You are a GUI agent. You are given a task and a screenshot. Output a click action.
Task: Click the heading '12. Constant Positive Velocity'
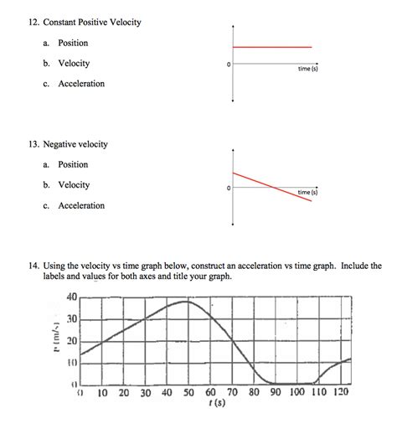(81, 22)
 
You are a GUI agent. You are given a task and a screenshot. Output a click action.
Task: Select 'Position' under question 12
(72, 43)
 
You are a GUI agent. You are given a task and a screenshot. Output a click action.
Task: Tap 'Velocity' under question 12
(73, 64)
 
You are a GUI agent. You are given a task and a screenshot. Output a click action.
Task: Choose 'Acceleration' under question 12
(81, 84)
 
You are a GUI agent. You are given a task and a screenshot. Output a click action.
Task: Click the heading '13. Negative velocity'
(68, 144)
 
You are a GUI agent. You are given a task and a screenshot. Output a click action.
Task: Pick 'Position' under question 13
(72, 164)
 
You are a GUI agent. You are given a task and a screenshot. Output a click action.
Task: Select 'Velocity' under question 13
(73, 185)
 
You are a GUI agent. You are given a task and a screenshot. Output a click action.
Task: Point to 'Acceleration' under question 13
(81, 205)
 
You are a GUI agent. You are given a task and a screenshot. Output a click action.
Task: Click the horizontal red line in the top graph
(272, 47)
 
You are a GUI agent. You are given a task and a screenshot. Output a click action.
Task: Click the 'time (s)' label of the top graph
(307, 69)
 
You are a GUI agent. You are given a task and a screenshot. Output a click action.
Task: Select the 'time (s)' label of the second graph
(307, 193)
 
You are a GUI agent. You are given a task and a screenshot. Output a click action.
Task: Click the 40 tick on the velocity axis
(70, 297)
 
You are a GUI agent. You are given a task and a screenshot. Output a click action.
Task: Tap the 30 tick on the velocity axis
(70, 319)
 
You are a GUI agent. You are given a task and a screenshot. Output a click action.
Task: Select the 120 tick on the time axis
(340, 392)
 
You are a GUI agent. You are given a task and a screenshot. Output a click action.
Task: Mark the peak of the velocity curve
(185, 302)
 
